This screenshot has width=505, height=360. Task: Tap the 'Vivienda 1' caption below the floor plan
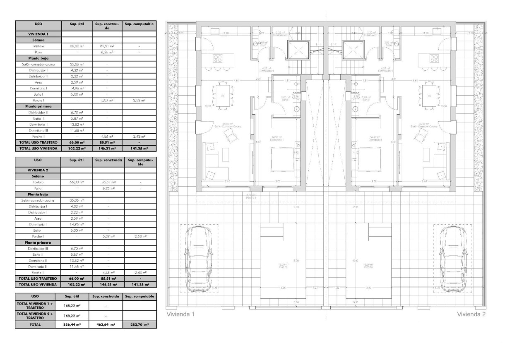point(180,314)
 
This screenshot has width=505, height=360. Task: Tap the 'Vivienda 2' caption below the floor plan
point(471,314)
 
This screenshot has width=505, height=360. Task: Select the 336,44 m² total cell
point(72,325)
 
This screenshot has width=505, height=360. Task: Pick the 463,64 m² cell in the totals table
point(107,325)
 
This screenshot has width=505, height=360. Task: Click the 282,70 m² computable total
point(139,325)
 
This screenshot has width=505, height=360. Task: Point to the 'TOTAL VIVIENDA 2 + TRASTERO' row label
point(35,316)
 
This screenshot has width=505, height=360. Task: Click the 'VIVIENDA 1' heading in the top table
point(38,34)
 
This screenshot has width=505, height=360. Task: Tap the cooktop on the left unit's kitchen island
point(217,59)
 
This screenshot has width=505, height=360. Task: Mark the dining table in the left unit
point(222,96)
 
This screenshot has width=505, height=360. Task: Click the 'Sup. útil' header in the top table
point(77,24)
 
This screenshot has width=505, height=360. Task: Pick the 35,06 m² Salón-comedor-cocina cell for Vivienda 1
point(77,65)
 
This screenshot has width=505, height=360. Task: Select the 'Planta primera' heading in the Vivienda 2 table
point(38,242)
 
